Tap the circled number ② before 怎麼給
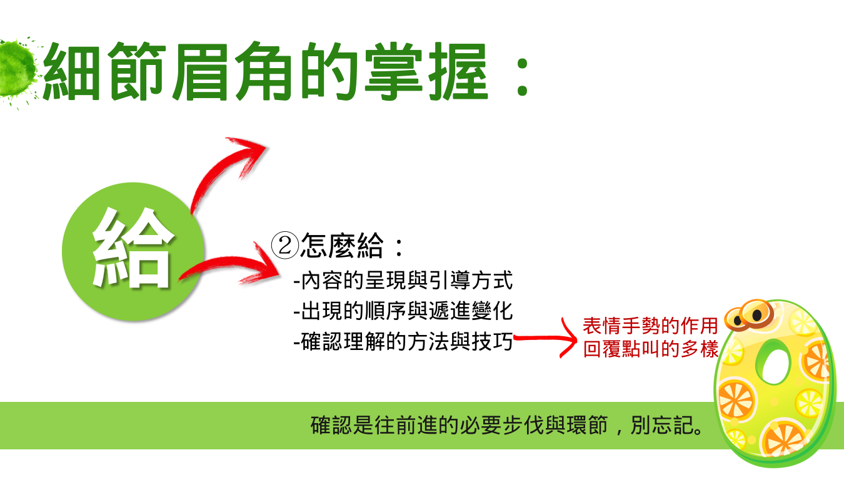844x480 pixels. point(285,245)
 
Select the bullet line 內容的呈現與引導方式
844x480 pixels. point(403,281)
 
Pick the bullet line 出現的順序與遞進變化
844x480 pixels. point(403,311)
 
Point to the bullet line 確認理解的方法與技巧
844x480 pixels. point(403,342)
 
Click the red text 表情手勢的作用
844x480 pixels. point(650,326)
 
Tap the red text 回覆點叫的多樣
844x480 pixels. point(651,349)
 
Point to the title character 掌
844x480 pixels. point(394,71)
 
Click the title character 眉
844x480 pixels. point(201,72)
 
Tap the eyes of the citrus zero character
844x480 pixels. point(749,315)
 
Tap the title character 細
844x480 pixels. point(72,72)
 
